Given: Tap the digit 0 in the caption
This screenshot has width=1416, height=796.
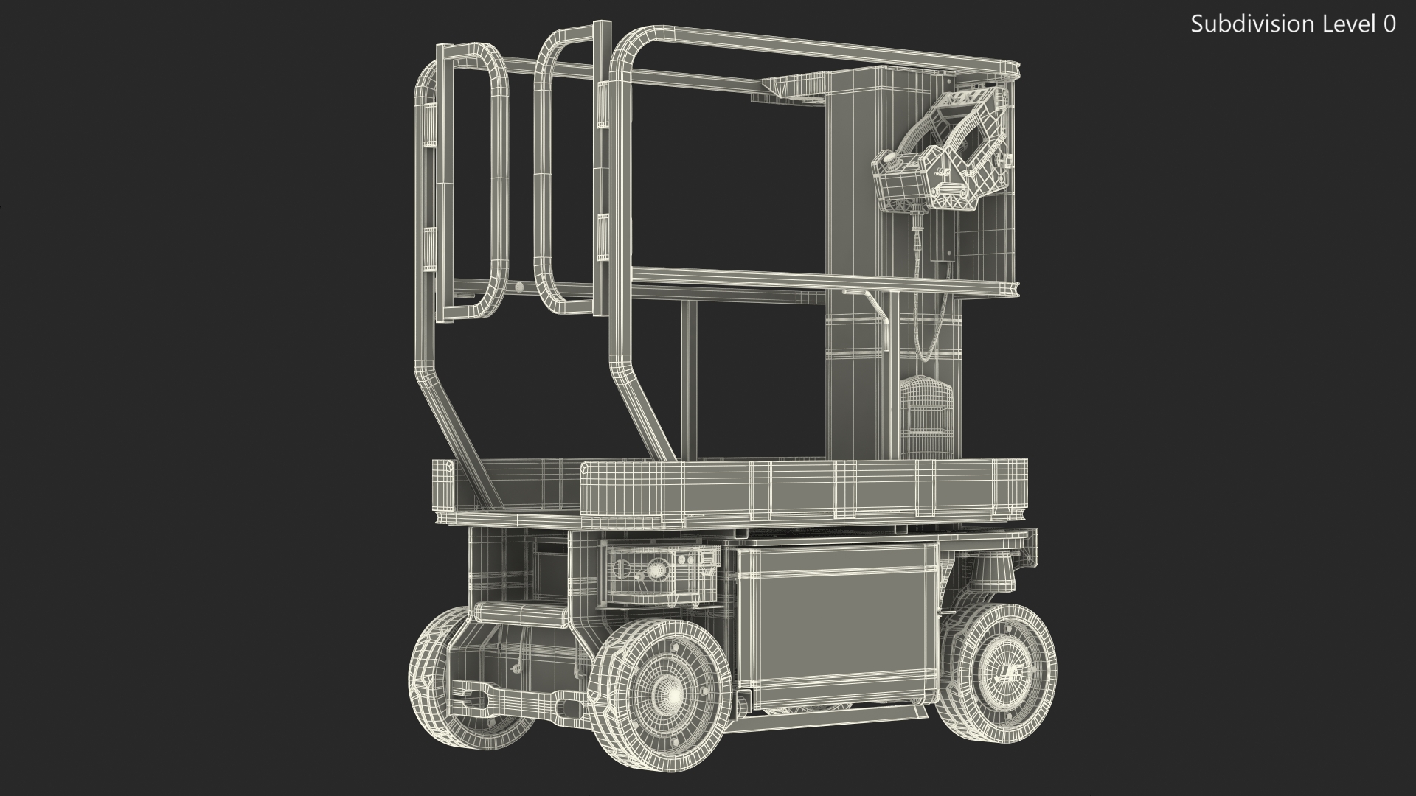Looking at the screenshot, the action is (x=1389, y=24).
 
